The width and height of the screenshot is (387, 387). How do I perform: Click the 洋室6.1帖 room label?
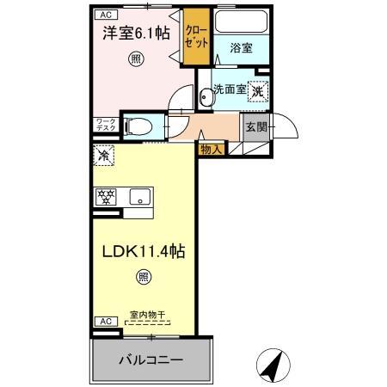pos(135,34)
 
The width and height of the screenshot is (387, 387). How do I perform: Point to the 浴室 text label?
pos(242,49)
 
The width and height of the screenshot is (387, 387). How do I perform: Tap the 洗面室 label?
pos(229,89)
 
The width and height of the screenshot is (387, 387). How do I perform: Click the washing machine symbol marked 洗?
pos(258,89)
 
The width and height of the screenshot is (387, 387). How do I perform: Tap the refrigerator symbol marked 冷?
pos(103,157)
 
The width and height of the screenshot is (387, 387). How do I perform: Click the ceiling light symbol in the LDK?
pos(143,276)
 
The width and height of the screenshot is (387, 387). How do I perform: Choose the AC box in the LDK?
pos(105,322)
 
